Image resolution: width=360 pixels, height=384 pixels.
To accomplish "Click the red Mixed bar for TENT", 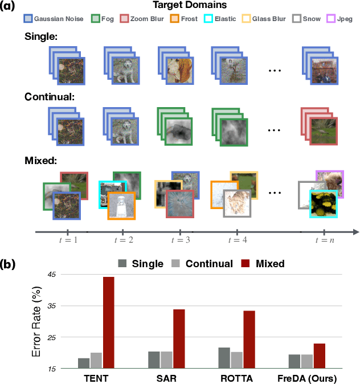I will click(109, 322).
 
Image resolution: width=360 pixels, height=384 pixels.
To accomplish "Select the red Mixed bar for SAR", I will click(179, 338).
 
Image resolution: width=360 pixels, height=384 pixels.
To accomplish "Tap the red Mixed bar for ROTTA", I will click(249, 340).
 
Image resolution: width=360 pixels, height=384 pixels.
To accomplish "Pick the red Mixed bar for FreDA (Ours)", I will click(319, 356).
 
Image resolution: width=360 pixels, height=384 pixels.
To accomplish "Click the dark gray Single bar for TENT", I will click(84, 363).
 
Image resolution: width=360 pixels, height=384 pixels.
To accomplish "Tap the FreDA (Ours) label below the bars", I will click(306, 378).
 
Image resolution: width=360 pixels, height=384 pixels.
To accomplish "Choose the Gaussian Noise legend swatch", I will click(27, 19).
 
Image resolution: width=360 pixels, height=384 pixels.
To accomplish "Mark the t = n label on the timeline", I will click(324, 241).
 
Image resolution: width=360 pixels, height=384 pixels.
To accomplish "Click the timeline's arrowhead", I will click(354, 231).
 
